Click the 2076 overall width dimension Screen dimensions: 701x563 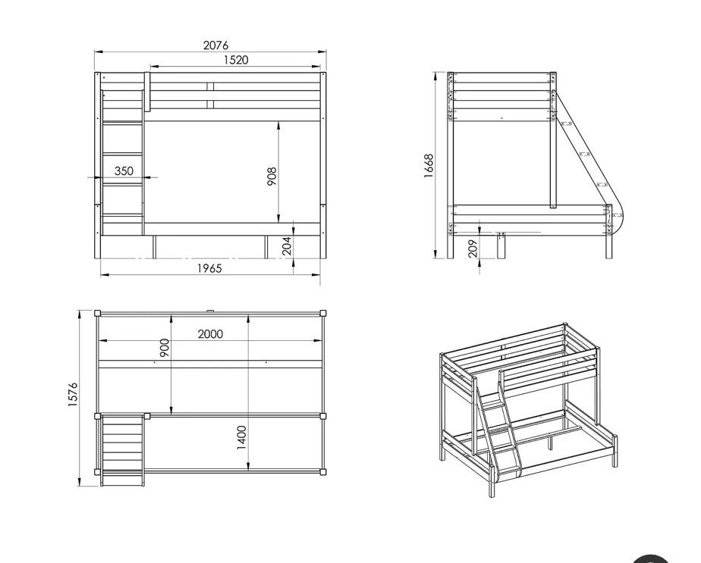click(215, 45)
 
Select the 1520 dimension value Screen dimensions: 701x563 click(236, 60)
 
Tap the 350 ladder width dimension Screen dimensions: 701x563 click(124, 171)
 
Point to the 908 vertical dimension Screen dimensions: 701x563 click(272, 177)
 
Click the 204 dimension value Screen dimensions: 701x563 click(287, 246)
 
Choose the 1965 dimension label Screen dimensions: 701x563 click(209, 268)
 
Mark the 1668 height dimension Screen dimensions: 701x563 click(429, 166)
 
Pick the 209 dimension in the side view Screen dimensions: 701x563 click(473, 249)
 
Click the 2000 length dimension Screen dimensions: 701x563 click(210, 334)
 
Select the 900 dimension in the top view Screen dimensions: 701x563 click(165, 348)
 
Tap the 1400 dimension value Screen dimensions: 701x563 click(241, 437)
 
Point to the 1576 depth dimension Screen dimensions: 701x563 click(73, 394)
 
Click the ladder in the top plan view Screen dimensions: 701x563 click(122, 449)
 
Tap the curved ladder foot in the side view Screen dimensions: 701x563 click(615, 222)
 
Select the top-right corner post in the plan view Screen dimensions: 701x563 click(323, 313)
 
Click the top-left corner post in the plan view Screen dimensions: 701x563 click(97, 313)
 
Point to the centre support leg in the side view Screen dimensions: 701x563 click(501, 246)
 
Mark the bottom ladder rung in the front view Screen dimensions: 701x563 click(122, 216)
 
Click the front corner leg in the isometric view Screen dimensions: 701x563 click(492, 482)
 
